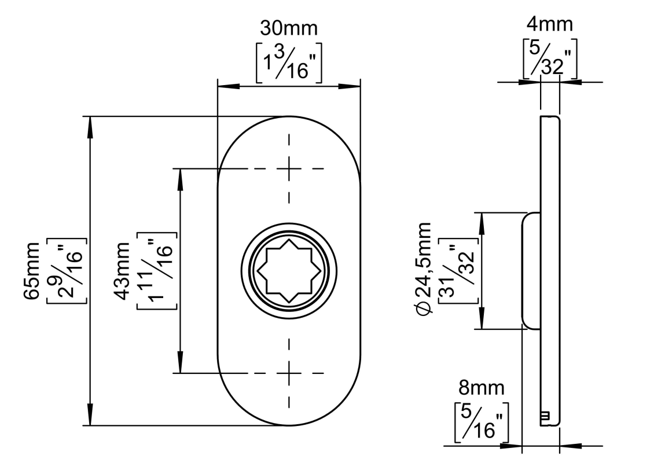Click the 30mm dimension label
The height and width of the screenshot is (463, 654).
pyautogui.click(x=289, y=27)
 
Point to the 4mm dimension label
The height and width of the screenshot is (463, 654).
pyautogui.click(x=549, y=24)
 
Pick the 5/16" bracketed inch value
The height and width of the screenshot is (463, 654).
pyautogui.click(x=482, y=422)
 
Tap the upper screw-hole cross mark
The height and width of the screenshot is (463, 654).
pyautogui.click(x=289, y=168)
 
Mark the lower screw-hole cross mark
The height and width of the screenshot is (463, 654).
pyautogui.click(x=289, y=373)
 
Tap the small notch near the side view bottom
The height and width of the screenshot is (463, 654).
pyautogui.click(x=545, y=416)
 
